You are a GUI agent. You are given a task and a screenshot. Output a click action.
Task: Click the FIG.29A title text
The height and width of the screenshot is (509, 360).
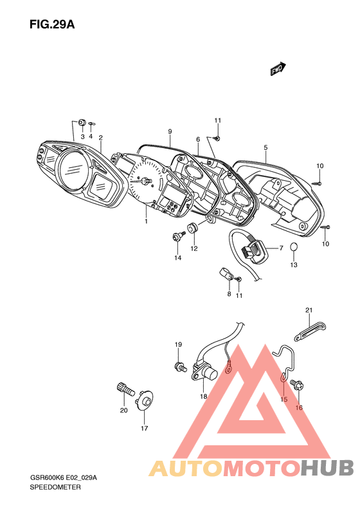(52, 24)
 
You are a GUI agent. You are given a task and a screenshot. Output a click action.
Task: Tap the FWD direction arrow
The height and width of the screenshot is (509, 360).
(278, 69)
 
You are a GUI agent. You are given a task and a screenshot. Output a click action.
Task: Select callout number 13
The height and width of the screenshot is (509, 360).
(294, 265)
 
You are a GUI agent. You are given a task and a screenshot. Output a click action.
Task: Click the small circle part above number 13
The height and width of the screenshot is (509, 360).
(293, 246)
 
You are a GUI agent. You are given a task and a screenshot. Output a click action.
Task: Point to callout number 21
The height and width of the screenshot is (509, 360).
(309, 310)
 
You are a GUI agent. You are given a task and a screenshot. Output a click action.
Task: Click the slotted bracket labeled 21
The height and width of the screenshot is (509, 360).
(310, 331)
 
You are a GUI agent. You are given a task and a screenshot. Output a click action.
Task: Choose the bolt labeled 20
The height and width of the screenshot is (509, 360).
(125, 389)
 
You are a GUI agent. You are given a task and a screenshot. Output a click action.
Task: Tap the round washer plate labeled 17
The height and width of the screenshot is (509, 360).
(145, 401)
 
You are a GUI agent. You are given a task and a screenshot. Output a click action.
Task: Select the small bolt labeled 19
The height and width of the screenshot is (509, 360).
(180, 367)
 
